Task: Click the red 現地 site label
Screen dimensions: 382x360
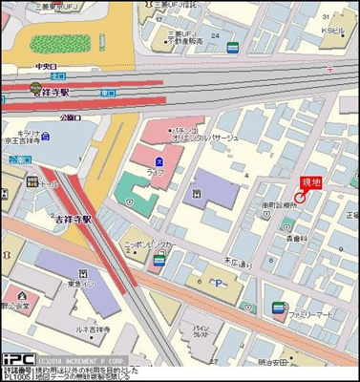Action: click(x=310, y=181)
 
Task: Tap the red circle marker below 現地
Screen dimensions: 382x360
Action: click(x=299, y=197)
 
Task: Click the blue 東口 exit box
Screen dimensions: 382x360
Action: click(x=15, y=160)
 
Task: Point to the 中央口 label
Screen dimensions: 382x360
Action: click(x=46, y=67)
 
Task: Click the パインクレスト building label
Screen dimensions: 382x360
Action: click(x=200, y=329)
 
